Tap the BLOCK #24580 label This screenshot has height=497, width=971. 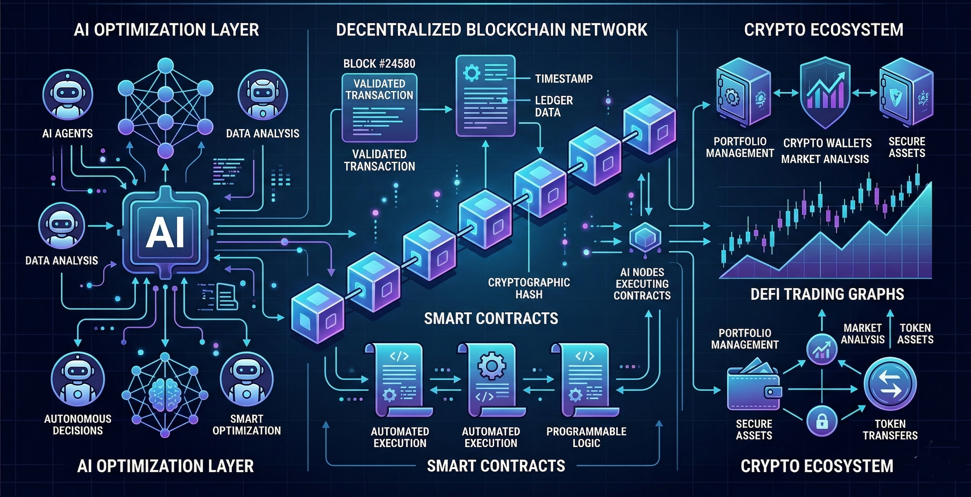[x=379, y=63]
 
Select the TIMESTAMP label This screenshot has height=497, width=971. [x=563, y=78]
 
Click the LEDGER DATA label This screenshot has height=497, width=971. [x=553, y=106]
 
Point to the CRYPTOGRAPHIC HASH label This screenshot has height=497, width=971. [x=529, y=288]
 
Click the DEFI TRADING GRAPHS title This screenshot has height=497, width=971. [x=827, y=294]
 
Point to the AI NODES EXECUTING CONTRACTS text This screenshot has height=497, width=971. [x=642, y=283]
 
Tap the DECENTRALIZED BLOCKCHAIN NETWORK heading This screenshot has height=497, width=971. [x=491, y=30]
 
